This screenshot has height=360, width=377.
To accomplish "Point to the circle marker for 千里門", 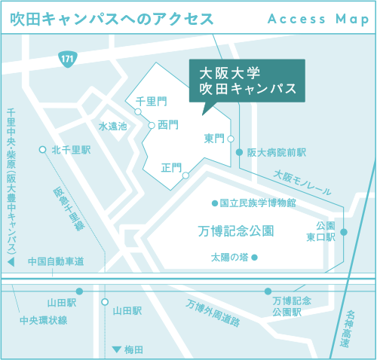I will pos(137,112).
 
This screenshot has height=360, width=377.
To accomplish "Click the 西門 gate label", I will pos(168,126).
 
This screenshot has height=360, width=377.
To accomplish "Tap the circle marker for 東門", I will pos(231,139).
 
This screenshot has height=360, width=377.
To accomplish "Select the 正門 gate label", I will pos(171,167).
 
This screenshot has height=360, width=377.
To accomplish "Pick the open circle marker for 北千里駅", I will pos(42,149).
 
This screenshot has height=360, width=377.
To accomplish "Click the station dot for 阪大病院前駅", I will pos(240,152).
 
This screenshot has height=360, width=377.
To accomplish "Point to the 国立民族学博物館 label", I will pos(257,203).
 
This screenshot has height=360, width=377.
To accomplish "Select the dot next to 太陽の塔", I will pos(254,258).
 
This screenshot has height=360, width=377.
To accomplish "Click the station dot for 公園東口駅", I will pos(344,232).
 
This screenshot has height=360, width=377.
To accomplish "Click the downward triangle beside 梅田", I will pos(116,349).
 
